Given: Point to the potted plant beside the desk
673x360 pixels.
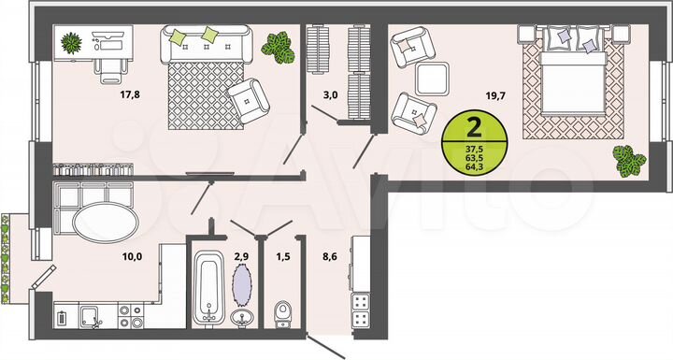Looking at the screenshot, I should [72, 42].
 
